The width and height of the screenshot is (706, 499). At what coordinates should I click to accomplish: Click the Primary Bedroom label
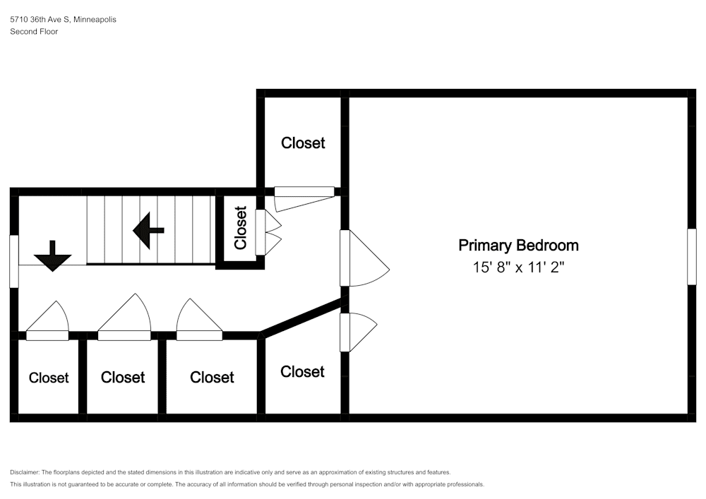(518, 246)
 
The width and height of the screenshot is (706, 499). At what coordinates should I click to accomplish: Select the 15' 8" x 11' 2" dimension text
(518, 267)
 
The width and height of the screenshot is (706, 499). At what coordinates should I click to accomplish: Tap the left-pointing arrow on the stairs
(148, 230)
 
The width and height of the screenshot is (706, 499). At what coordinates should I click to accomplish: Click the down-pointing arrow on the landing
(53, 256)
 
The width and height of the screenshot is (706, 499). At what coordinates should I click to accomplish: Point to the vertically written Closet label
(241, 228)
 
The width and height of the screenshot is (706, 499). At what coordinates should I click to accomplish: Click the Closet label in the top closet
(303, 143)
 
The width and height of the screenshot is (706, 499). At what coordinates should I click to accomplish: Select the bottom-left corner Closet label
(49, 378)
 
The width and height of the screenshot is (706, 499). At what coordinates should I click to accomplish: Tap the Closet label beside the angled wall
(302, 372)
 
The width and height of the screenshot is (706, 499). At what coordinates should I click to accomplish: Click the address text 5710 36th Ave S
(40, 19)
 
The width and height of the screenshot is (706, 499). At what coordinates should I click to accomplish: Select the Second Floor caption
(34, 32)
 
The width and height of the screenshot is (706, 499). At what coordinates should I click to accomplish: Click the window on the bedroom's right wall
(692, 256)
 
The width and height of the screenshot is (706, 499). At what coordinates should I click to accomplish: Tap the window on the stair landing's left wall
(14, 261)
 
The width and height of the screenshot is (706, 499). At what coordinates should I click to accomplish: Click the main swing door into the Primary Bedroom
(364, 258)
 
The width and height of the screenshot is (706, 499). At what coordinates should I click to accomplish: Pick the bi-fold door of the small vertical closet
(268, 232)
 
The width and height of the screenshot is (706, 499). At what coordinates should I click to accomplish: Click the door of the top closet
(305, 198)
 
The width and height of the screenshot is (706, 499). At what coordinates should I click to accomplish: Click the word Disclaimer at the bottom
(25, 472)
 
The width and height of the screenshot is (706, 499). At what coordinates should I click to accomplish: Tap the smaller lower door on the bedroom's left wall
(358, 332)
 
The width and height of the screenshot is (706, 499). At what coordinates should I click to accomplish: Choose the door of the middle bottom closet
(124, 317)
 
